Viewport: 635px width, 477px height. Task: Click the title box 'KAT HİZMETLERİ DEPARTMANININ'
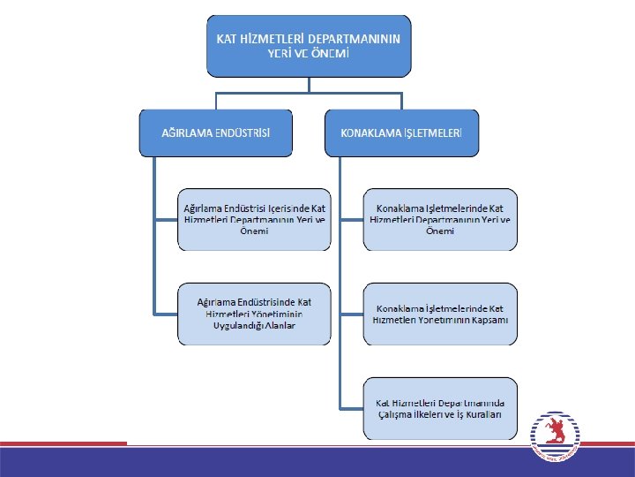pyautogui.click(x=309, y=45)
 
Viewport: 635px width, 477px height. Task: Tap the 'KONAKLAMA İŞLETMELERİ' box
pyautogui.click(x=401, y=132)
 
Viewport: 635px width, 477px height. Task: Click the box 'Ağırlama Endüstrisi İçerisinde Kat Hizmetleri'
pyautogui.click(x=253, y=219)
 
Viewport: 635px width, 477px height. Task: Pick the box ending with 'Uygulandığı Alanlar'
pyautogui.click(x=253, y=314)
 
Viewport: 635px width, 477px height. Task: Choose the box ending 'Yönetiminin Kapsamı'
pyautogui.click(x=440, y=314)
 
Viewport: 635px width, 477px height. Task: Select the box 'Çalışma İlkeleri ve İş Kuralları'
pyautogui.click(x=440, y=408)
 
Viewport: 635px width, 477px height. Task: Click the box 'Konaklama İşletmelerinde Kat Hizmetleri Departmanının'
pyautogui.click(x=440, y=219)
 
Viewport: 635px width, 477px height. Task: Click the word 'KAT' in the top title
pyautogui.click(x=228, y=39)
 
